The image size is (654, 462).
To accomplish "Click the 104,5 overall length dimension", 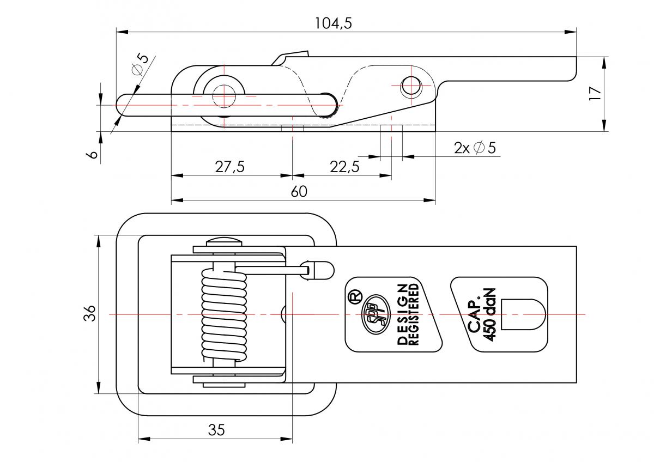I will tap(333, 23).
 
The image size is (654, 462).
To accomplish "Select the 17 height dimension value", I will tap(596, 93).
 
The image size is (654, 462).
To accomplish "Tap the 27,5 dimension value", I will tap(229, 167).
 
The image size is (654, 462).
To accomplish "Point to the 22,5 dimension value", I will tap(344, 167).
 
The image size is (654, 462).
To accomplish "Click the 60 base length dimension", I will tap(299, 192).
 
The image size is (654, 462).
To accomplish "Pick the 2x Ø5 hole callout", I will tap(475, 148).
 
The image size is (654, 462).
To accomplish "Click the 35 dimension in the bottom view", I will tap(216, 430).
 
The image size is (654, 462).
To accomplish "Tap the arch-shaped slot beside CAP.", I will tap(523, 314).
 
